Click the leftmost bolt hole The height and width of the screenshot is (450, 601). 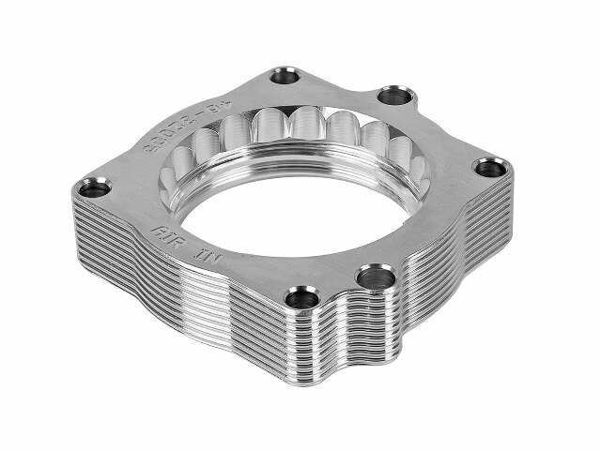coord(93,187)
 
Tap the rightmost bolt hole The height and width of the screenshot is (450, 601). coord(491,168)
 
